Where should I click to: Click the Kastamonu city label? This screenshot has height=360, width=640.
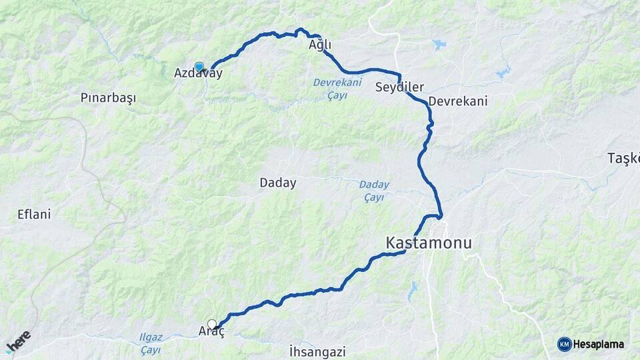(429, 243)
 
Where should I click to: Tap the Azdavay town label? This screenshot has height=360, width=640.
(198, 74)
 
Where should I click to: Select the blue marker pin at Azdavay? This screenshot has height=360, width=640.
(199, 66)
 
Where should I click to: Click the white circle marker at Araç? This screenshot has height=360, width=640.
(212, 325)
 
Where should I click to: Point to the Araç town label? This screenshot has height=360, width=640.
(211, 332)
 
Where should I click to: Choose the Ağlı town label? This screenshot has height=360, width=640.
(320, 45)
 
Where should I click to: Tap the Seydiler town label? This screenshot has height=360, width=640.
(400, 87)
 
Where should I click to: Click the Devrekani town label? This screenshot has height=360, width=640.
(459, 101)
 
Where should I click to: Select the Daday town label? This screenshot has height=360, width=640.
(278, 182)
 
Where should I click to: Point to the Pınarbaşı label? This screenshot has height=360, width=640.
(108, 97)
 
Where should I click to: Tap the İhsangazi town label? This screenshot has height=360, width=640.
(317, 351)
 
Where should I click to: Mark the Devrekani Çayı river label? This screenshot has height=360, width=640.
(337, 89)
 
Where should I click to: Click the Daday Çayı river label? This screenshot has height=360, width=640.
(374, 191)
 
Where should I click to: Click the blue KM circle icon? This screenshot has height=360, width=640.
(564, 344)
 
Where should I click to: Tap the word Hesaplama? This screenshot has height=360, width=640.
(598, 344)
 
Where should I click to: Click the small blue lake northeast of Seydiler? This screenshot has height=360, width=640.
(439, 45)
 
